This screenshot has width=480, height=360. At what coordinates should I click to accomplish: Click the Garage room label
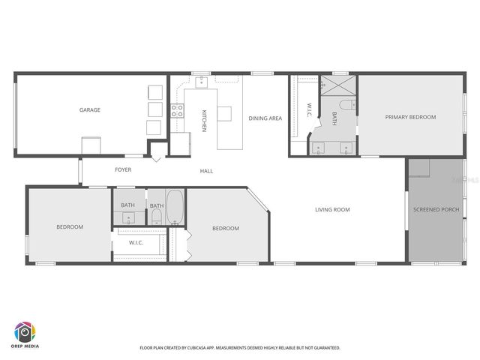tap(90, 110)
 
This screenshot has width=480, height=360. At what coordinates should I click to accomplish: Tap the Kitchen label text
tap(203, 121)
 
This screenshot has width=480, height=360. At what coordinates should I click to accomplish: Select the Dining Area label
tap(265, 118)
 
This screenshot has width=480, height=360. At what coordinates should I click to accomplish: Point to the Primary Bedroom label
tap(410, 117)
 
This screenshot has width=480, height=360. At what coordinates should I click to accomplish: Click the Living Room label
tap(332, 209)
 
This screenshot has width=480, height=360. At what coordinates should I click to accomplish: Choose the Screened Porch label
tap(436, 209)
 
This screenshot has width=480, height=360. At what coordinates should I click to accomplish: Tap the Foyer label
tap(123, 169)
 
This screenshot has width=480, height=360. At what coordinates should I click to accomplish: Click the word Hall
tap(206, 171)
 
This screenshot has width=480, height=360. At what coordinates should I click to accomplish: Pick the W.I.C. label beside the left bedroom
tap(136, 242)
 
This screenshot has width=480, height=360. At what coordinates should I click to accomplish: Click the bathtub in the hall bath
tap(174, 207)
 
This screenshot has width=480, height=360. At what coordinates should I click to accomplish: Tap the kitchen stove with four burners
tap(178, 112)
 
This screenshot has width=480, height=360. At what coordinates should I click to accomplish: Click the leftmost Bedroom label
tap(70, 226)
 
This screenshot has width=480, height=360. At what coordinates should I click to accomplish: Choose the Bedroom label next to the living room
tap(225, 228)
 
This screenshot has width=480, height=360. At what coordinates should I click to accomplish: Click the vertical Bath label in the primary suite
tap(334, 118)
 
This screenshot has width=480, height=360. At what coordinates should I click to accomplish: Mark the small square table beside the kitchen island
tap(225, 114)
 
